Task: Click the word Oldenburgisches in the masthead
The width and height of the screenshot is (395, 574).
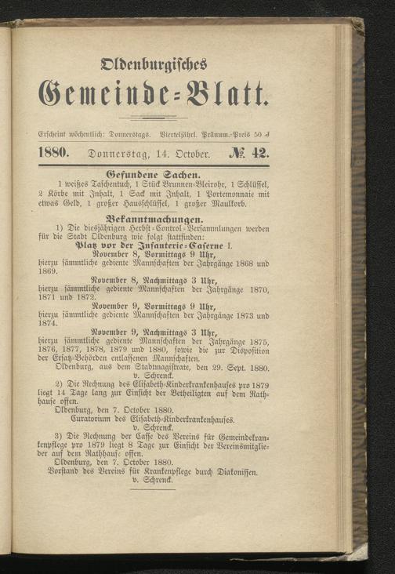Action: click(x=149, y=63)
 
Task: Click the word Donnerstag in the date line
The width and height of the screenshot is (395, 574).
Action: click(x=119, y=155)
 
